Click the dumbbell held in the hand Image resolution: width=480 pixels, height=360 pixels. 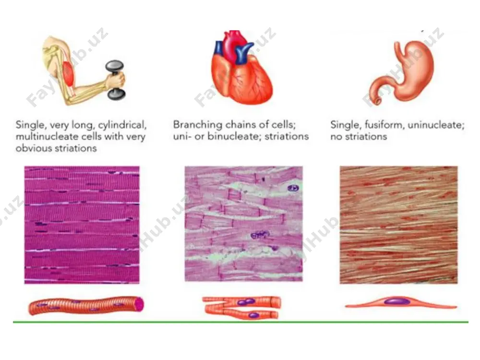115,80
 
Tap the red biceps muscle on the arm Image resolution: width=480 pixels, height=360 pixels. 70,74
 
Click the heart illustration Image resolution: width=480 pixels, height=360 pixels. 241,67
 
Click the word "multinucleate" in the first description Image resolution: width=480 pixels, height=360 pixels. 46,136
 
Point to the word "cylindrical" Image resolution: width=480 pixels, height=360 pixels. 122,125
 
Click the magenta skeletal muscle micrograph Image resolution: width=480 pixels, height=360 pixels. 82,225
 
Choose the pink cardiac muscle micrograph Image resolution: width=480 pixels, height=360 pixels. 244,224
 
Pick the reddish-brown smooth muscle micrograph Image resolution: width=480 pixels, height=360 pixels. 398,225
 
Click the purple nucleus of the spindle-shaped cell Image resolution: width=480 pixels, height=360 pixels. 397,301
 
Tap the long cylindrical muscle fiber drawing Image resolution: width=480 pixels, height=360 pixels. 86,306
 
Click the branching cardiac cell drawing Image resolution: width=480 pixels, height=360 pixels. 242,307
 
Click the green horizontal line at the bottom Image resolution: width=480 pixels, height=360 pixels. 240,322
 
